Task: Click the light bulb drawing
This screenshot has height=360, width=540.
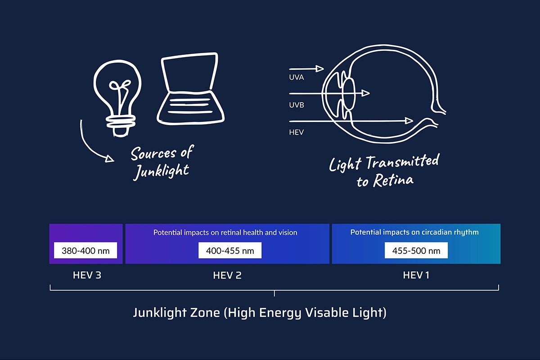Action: coord(117,72)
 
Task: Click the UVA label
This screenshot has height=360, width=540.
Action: coord(296,77)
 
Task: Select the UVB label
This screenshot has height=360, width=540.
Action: coord(297,105)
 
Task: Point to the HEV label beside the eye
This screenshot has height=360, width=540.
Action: coord(296,132)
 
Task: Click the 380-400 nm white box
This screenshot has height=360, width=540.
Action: coord(85,250)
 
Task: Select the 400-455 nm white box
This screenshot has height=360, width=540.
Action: coord(230,250)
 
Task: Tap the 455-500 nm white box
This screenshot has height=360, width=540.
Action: coord(416,250)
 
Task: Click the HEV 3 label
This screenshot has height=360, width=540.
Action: coord(87,275)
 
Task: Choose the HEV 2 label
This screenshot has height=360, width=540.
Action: coord(227,275)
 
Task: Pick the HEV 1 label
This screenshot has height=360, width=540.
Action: coord(416,275)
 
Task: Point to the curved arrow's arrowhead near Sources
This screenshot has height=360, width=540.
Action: coord(110,159)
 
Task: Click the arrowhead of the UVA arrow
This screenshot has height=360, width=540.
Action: coord(319,69)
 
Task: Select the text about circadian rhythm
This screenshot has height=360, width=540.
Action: coord(414,232)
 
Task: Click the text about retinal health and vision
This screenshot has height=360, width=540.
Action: coord(225,233)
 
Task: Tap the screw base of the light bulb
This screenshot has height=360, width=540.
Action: coord(121,126)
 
